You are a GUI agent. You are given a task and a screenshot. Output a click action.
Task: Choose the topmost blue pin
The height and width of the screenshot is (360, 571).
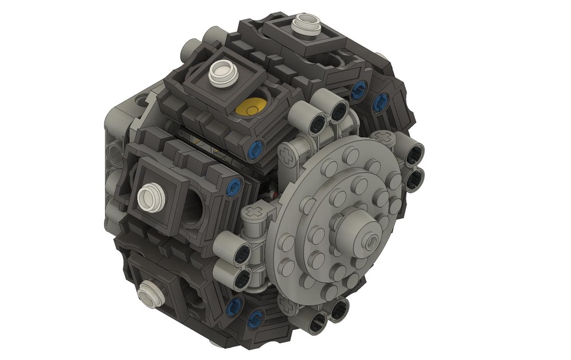360,89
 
